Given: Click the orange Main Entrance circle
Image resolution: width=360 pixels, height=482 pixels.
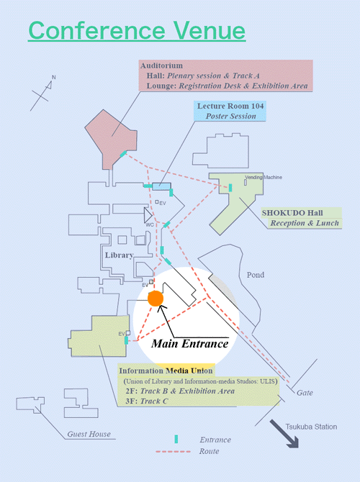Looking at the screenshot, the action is click(x=156, y=299).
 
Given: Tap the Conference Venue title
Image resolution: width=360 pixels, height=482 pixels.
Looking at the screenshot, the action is click(x=137, y=30).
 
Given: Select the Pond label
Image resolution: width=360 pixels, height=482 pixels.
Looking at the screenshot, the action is click(x=256, y=275).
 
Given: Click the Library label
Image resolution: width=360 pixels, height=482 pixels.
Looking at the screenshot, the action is click(x=119, y=255).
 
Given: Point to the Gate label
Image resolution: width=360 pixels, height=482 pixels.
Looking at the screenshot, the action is click(x=305, y=393).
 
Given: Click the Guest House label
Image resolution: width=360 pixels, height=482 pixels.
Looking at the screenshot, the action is click(x=89, y=434).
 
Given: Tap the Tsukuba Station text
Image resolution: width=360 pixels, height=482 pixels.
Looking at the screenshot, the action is click(x=311, y=427).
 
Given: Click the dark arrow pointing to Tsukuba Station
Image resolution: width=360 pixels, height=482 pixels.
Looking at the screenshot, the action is click(x=284, y=434).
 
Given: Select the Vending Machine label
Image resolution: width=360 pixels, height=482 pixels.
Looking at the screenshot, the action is click(x=264, y=178).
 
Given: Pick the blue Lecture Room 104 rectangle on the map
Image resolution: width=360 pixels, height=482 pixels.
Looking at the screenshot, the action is click(x=161, y=186).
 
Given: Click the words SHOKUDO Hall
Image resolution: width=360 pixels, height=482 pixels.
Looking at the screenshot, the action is click(x=292, y=213).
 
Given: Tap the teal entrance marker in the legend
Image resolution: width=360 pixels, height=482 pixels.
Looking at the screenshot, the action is click(x=176, y=440).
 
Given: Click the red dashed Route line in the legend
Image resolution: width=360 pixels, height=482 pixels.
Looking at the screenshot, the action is click(x=174, y=452).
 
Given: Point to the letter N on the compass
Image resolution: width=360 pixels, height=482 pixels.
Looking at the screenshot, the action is click(x=53, y=77).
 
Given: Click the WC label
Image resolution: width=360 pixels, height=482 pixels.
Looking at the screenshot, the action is click(x=150, y=224).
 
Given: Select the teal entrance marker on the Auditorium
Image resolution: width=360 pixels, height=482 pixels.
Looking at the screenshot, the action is click(x=123, y=154).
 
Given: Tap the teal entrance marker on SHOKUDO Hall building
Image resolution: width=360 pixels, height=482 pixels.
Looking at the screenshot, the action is click(x=230, y=188).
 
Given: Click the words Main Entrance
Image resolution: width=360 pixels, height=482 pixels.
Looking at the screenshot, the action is click(x=190, y=344).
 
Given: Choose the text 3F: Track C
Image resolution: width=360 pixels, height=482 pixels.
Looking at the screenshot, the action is click(x=147, y=401).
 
